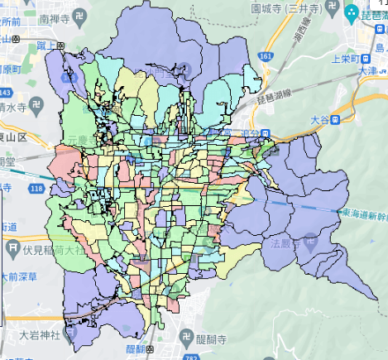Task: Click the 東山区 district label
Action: click(x=13, y=136)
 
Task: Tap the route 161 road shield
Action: click(x=265, y=56)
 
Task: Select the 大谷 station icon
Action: click(x=338, y=121)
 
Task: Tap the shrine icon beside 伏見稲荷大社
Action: click(x=13, y=247)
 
